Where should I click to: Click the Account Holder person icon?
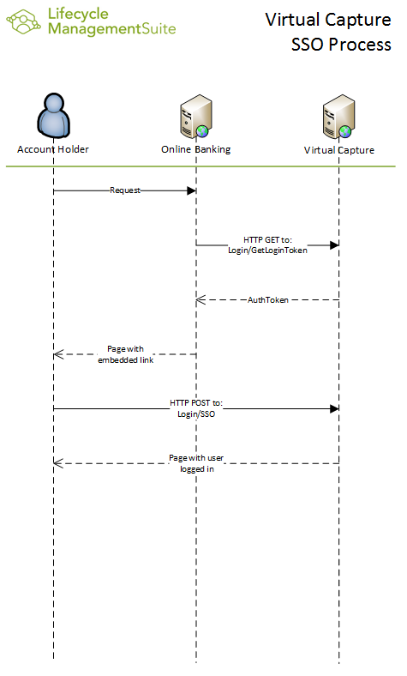[x=53, y=115]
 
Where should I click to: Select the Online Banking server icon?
[x=196, y=117]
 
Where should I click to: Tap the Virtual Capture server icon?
[x=339, y=117]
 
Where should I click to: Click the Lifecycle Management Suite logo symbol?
[x=24, y=21]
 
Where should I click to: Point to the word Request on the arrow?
[x=125, y=190]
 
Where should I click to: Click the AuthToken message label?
[x=268, y=299]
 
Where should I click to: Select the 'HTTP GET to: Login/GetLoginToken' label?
[x=267, y=244]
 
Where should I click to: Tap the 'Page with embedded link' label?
[x=125, y=354]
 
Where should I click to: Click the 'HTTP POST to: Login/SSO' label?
[x=196, y=408]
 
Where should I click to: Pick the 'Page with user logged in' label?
[x=196, y=463]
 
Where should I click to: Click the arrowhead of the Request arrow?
[x=192, y=190]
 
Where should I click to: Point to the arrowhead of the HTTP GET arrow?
[x=334, y=245]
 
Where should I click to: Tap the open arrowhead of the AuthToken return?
[x=201, y=299]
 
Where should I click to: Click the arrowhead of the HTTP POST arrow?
[x=334, y=408]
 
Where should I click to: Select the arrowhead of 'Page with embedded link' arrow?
[x=58, y=354]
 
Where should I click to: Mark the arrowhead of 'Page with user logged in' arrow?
[x=58, y=463]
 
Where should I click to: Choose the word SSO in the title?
[x=308, y=45]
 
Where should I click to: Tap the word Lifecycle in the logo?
[x=78, y=14]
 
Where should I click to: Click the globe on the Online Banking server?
[x=202, y=131]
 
